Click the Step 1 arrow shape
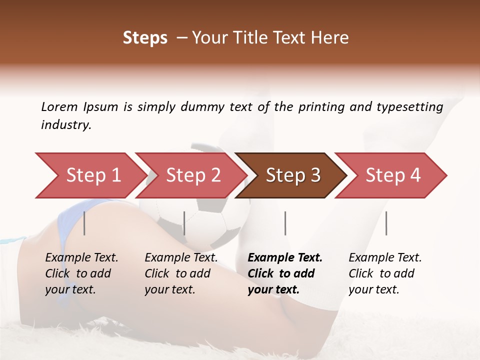click(x=90, y=175)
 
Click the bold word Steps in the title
click(x=145, y=38)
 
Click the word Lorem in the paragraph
click(x=59, y=106)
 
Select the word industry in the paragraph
click(x=65, y=125)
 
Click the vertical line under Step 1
click(x=84, y=223)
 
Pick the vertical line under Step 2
click(x=184, y=223)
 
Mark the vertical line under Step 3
click(x=285, y=223)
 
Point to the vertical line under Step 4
click(x=386, y=223)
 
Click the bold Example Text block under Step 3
click(x=285, y=273)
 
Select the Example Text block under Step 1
click(x=81, y=273)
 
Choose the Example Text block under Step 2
click(x=181, y=273)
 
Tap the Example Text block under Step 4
click(x=385, y=273)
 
